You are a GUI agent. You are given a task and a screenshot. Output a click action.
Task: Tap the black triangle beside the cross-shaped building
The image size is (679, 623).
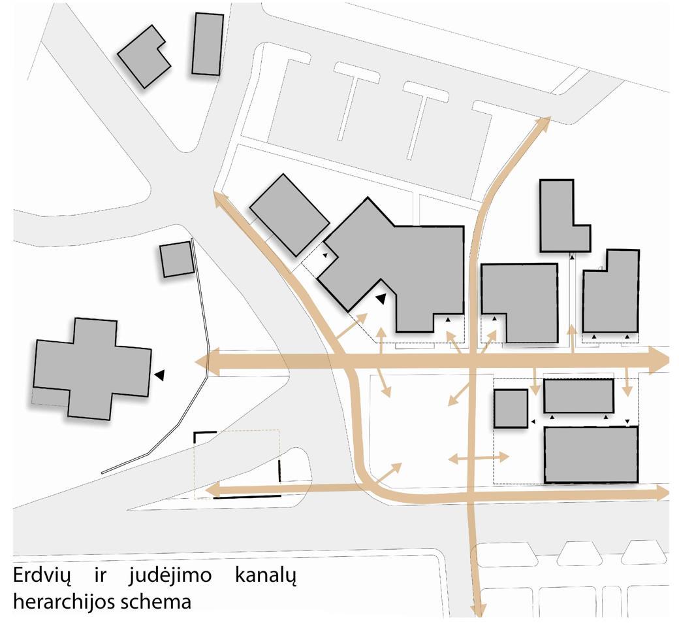159,375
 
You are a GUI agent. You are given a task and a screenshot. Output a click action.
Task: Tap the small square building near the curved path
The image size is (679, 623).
177,259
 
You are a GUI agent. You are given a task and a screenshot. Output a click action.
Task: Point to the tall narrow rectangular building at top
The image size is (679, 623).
208,44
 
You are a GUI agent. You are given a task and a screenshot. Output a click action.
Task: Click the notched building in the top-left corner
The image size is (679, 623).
144,56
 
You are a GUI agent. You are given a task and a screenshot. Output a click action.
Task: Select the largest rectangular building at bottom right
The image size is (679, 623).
590,454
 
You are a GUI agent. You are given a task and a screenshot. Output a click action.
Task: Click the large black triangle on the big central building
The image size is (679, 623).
381,299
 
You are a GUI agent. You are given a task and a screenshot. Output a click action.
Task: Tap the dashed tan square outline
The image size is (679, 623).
236,464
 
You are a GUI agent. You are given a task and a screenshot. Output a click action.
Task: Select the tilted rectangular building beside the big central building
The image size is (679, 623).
289,214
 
